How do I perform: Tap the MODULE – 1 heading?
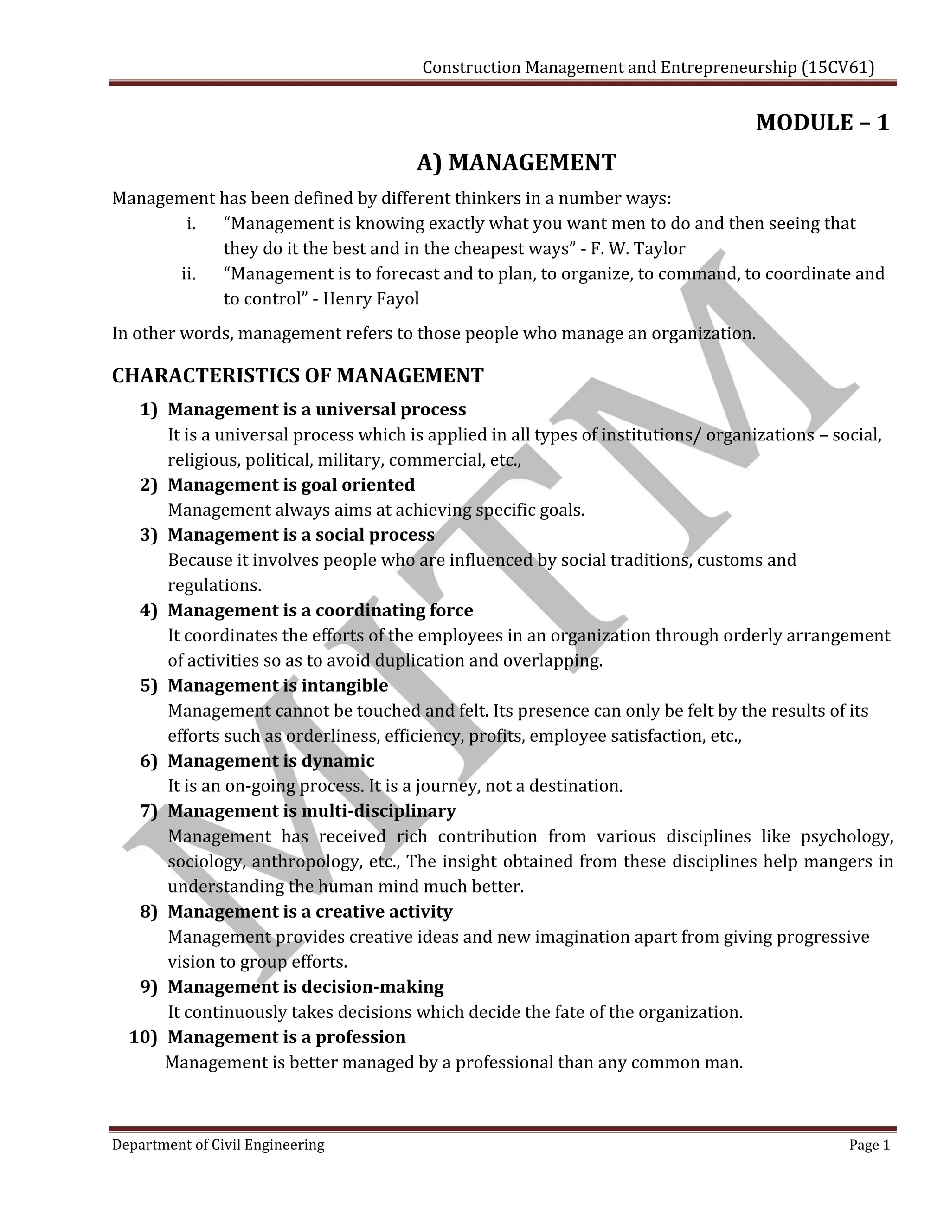[x=822, y=123]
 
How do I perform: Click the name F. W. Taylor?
[x=638, y=248]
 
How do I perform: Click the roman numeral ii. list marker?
[x=188, y=274]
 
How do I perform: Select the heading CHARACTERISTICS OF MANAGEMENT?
[x=298, y=375]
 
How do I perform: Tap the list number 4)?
[x=148, y=610]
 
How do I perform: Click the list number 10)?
[x=143, y=1037]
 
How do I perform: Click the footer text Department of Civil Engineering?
[x=218, y=1145]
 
